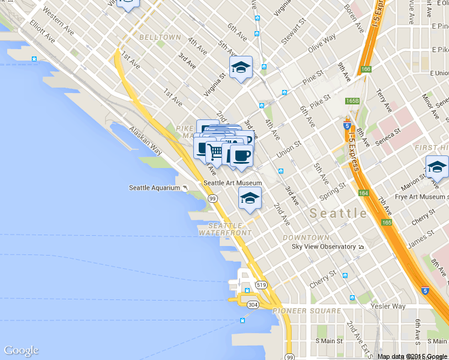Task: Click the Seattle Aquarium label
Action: pos(154,188)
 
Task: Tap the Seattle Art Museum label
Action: pos(233,183)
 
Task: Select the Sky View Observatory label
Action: pos(324,247)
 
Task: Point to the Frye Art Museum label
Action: pos(420,196)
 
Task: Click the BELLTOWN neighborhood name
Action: pos(160,37)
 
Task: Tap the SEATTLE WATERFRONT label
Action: pos(225,229)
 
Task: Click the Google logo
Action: pos(21,351)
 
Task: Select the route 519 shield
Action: pos(261,284)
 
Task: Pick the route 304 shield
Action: pos(253,304)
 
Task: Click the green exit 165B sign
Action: pos(352,101)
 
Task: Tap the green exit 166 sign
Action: pos(366,69)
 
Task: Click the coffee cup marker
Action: pos(241,155)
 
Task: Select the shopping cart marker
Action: pos(216,152)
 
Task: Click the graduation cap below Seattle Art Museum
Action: pos(250,197)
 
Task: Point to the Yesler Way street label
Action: pos(390,306)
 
